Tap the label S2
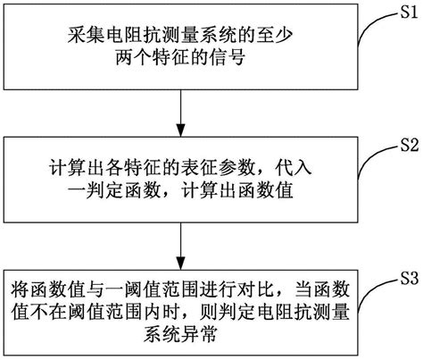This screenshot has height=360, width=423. coord(408,142)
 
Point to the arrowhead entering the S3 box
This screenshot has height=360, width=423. coord(182,260)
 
